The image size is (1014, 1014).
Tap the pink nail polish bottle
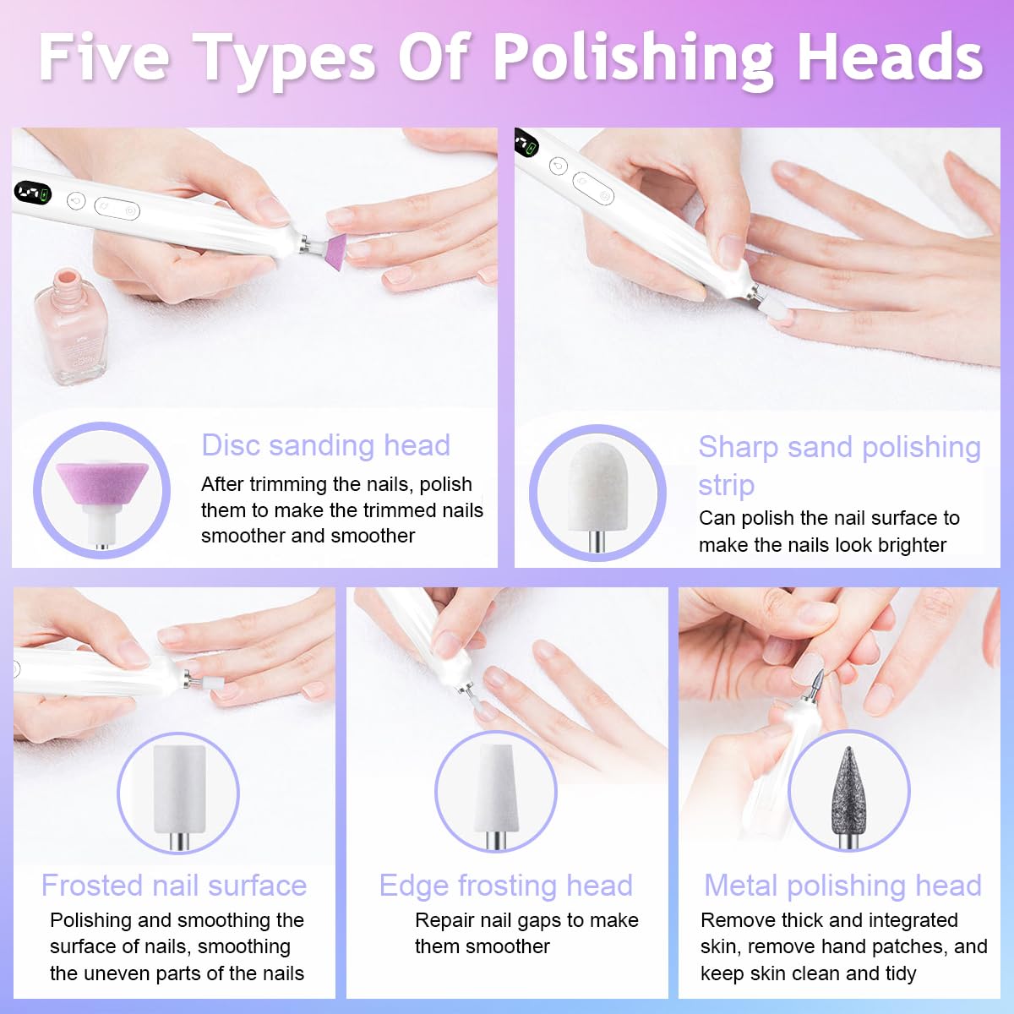click(70, 326)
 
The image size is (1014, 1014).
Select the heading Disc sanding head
click(325, 445)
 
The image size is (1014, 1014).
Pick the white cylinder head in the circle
click(179, 794)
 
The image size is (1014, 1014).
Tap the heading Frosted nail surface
click(174, 885)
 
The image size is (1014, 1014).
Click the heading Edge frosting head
click(505, 886)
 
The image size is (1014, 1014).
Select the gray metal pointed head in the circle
click(848, 797)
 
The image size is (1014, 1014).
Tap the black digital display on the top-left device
click(33, 193)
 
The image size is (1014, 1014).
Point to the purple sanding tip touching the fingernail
click(335, 252)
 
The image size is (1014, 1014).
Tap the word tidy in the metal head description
click(897, 974)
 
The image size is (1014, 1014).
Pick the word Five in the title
click(104, 57)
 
